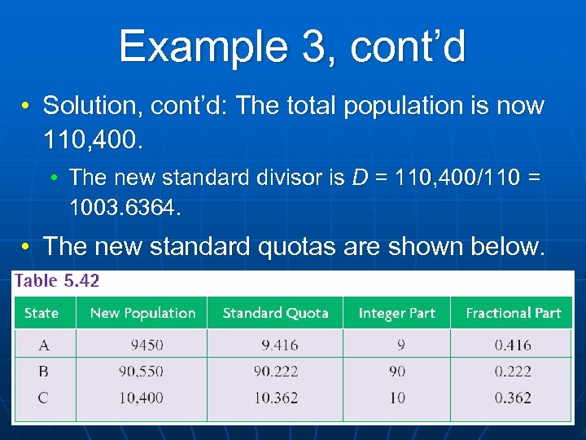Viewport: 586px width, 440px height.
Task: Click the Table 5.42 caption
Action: coord(57,281)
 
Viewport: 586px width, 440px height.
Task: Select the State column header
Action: coord(42,313)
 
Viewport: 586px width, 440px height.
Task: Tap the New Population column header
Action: coord(142,313)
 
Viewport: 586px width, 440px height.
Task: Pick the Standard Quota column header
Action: coord(275,313)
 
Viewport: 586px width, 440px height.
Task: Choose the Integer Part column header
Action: coord(397,313)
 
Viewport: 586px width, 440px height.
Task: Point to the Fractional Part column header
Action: coord(514,313)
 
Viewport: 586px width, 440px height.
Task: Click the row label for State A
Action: coord(43,345)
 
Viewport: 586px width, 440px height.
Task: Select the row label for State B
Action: coord(43,372)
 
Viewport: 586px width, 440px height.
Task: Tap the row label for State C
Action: coord(43,398)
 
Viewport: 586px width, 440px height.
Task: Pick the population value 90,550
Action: coord(141,372)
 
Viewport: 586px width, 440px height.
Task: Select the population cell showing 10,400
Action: coord(141,398)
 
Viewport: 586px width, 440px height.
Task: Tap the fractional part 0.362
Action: coord(513,398)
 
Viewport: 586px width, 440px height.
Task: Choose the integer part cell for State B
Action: coord(397,372)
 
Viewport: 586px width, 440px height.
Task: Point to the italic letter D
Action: coord(359,177)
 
